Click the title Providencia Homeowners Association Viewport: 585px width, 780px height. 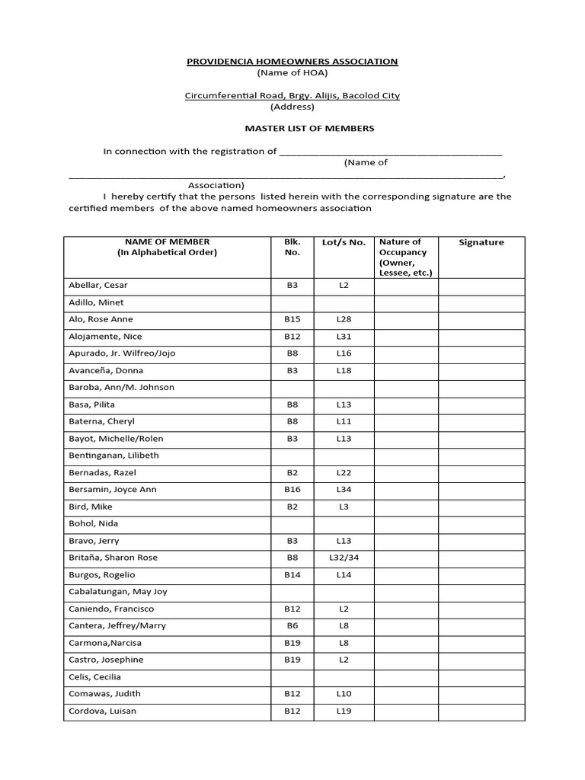tap(292, 61)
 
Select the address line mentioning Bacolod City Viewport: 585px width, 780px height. tap(292, 95)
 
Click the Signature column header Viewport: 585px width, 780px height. tap(481, 242)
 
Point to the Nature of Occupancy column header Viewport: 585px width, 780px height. tap(405, 257)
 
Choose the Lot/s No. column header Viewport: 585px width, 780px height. tap(344, 242)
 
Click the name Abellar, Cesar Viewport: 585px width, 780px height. tap(98, 285)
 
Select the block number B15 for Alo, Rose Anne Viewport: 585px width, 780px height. tap(292, 319)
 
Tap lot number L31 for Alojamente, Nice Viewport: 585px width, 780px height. tap(344, 336)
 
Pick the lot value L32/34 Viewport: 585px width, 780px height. tap(344, 558)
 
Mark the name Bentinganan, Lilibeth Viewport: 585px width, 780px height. tap(113, 456)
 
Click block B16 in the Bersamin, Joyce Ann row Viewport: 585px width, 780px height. tap(292, 489)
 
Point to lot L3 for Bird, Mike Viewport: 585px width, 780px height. tap(344, 507)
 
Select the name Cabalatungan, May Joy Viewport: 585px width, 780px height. tap(117, 591)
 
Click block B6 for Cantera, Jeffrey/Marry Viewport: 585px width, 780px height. tap(292, 625)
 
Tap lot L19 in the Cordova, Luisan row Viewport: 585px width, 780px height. tap(344, 711)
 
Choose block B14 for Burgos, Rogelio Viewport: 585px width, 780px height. tap(292, 574)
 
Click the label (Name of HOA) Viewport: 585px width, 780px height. tap(292, 72)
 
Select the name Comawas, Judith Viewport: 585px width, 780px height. tap(104, 694)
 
